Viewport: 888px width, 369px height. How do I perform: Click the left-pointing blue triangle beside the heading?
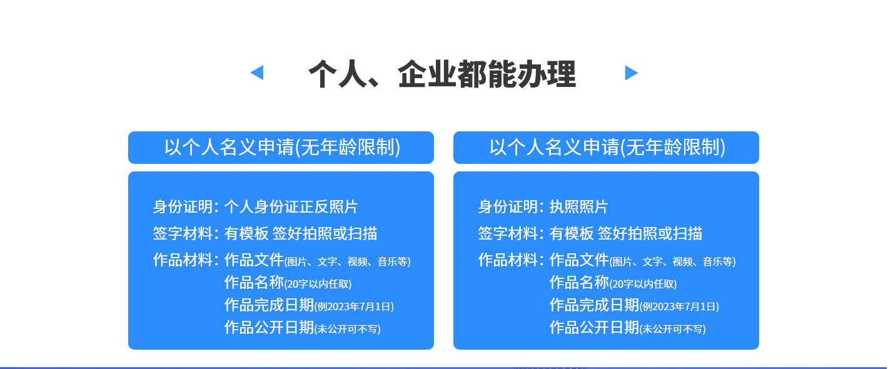point(258,73)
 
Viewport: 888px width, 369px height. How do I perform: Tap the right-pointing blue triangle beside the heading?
point(631,73)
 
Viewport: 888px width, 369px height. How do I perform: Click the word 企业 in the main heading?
point(427,74)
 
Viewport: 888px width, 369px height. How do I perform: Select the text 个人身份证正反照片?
point(291,206)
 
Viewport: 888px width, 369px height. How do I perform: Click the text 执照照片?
point(578,206)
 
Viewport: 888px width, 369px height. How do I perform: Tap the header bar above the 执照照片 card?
point(606,148)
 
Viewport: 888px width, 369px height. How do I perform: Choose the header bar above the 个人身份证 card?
point(281,148)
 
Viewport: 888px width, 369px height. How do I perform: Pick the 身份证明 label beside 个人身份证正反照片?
point(183,206)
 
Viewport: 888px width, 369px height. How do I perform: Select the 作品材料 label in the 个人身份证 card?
point(183,260)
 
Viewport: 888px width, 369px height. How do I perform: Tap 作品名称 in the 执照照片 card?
point(579,283)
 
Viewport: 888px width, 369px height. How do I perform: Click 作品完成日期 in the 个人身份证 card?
point(269,305)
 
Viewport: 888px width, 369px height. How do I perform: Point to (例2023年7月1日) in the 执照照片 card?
point(679,306)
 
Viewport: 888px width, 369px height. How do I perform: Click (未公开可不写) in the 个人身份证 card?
point(347,329)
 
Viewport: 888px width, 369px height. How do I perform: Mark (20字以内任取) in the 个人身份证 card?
point(318,284)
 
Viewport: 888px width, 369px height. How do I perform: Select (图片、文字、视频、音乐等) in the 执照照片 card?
point(672,261)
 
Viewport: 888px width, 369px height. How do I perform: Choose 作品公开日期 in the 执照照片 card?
point(594,328)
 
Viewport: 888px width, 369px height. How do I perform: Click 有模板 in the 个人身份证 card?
point(246,233)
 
